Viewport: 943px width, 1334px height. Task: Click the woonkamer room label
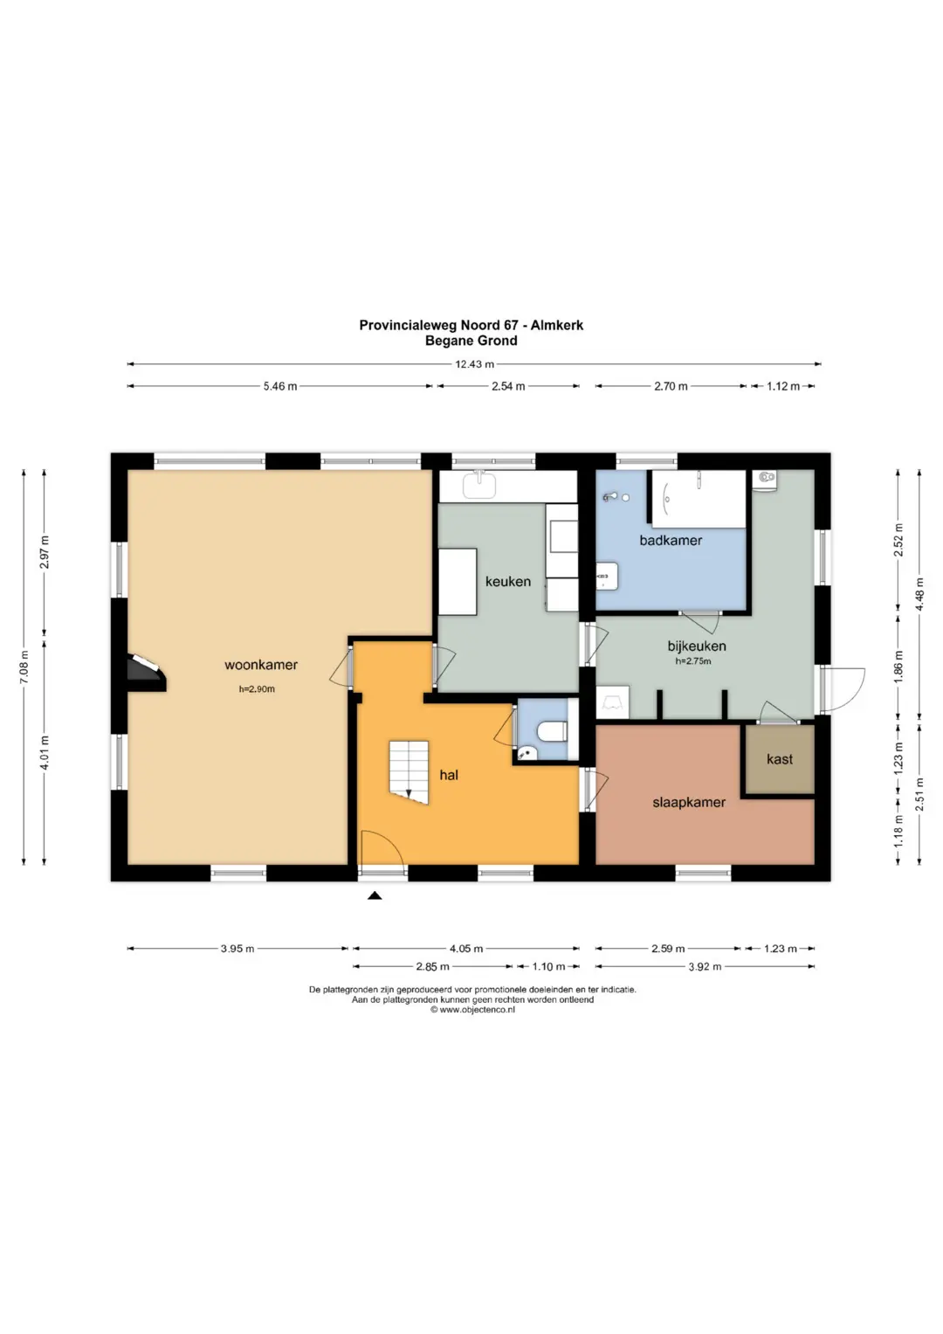[x=261, y=665]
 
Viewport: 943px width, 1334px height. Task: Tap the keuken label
[x=508, y=581]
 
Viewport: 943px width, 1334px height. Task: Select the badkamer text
[x=671, y=540]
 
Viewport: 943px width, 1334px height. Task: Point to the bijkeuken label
[x=697, y=646]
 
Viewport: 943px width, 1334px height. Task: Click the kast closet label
[x=780, y=758]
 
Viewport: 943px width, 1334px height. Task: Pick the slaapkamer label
[x=689, y=802]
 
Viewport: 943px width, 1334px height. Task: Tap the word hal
[x=449, y=775]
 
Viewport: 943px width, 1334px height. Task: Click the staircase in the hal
[x=409, y=772]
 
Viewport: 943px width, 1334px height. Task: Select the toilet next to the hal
[x=552, y=730]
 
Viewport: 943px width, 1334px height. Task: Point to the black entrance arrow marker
[x=375, y=895]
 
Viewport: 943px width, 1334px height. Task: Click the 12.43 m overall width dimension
[x=474, y=364]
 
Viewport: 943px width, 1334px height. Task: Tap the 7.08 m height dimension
[x=24, y=667]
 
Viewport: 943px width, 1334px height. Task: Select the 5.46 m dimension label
[x=279, y=386]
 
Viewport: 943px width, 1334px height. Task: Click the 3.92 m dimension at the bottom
[x=705, y=966]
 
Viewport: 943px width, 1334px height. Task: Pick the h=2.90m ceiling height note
[x=258, y=689]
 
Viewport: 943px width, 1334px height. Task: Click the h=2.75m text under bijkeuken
[x=693, y=660]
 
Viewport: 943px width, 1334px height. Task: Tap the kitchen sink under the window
[x=479, y=486]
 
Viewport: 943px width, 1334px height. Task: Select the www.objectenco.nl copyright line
[x=472, y=1009]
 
